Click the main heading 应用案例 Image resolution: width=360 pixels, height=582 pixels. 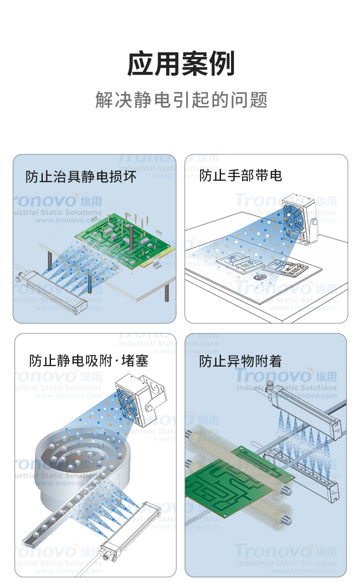[181, 64]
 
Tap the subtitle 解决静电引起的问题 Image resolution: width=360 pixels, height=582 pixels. [181, 100]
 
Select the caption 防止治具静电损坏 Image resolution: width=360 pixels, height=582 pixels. [81, 177]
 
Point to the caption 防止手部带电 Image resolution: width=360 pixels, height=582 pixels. [240, 175]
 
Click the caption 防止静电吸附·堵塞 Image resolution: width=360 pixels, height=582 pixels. [88, 361]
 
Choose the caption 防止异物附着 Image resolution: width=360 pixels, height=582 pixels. [240, 361]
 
